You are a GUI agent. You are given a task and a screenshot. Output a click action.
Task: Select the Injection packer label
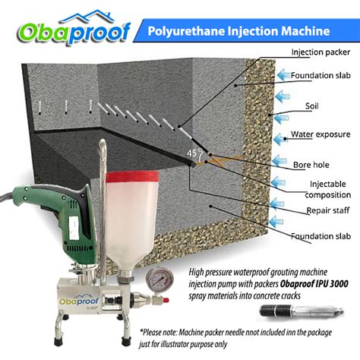coord(320,52)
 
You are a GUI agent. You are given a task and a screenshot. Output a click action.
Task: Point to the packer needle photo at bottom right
coord(300,312)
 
